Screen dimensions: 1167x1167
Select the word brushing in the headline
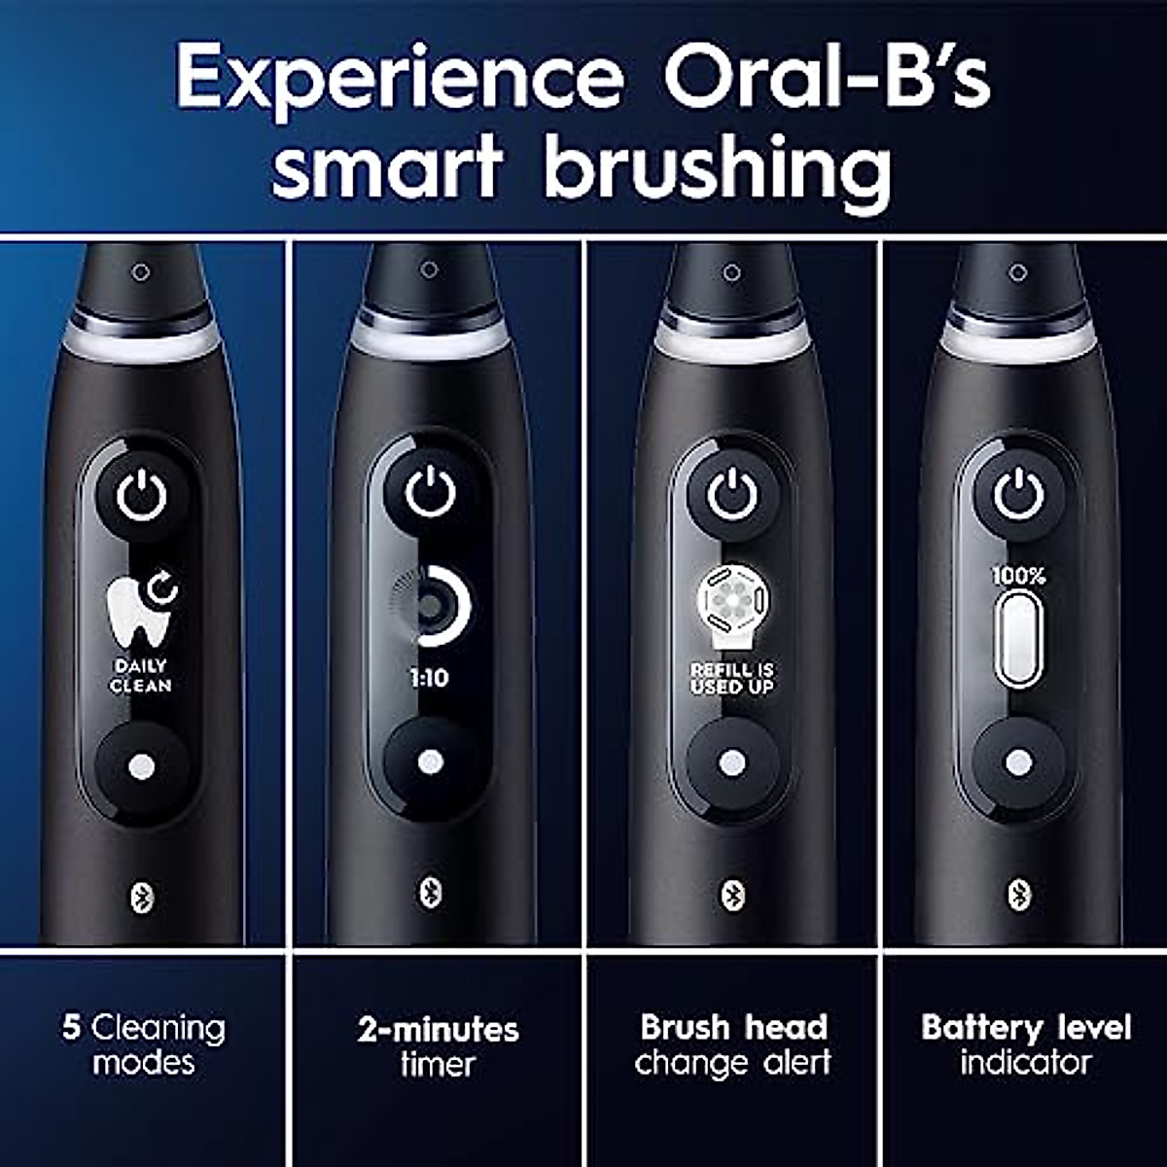coord(717,167)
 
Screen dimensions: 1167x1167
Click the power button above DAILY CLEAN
coord(142,497)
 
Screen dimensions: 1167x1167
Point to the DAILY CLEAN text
coord(141,676)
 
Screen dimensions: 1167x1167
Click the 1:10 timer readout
coord(429,678)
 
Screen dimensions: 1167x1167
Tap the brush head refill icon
coord(732,606)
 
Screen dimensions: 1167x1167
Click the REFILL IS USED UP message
coord(732,678)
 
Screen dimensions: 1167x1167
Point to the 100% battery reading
coord(1018,577)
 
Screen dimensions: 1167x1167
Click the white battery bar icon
coord(1018,639)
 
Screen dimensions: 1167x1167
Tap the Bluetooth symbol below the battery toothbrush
coord(1018,893)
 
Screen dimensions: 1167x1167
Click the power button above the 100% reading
coord(1018,496)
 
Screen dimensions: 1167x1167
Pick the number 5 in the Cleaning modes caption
coord(71,1028)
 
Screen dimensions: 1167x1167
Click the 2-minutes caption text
coord(438,1030)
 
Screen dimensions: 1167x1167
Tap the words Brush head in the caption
coord(733,1028)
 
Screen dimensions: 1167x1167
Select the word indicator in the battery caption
coord(1025,1063)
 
